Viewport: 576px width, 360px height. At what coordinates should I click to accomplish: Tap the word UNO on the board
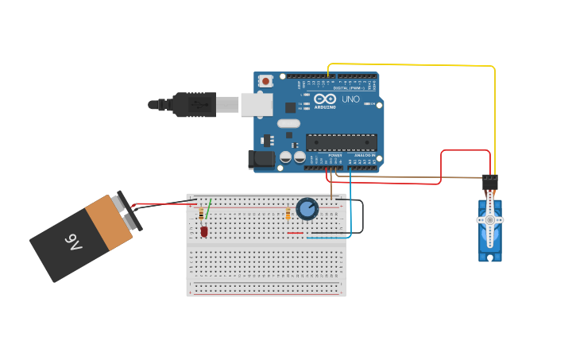pos(350,99)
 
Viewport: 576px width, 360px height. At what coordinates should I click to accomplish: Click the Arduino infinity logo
pos(324,99)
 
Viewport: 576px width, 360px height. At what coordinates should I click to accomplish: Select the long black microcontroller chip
pos(342,142)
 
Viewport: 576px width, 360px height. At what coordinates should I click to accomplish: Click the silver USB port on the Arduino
pos(256,104)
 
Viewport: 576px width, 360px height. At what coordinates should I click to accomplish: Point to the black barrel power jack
pos(261,159)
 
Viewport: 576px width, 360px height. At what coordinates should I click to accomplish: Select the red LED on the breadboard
pos(203,231)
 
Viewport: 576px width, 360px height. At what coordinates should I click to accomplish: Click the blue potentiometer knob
pos(307,209)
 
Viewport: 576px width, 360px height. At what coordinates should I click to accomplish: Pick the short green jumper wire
pos(208,209)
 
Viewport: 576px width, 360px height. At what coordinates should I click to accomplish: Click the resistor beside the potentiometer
pos(288,213)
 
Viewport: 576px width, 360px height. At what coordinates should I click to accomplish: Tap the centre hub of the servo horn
pos(490,220)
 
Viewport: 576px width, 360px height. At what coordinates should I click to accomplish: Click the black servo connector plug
pos(490,182)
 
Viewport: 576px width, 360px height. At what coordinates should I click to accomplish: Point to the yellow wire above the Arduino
pos(413,64)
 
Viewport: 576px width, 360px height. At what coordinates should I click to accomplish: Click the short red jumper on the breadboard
pos(296,233)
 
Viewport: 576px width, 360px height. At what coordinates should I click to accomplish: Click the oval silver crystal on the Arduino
pos(288,123)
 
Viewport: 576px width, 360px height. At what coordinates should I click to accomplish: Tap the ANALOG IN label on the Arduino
pos(365,155)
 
